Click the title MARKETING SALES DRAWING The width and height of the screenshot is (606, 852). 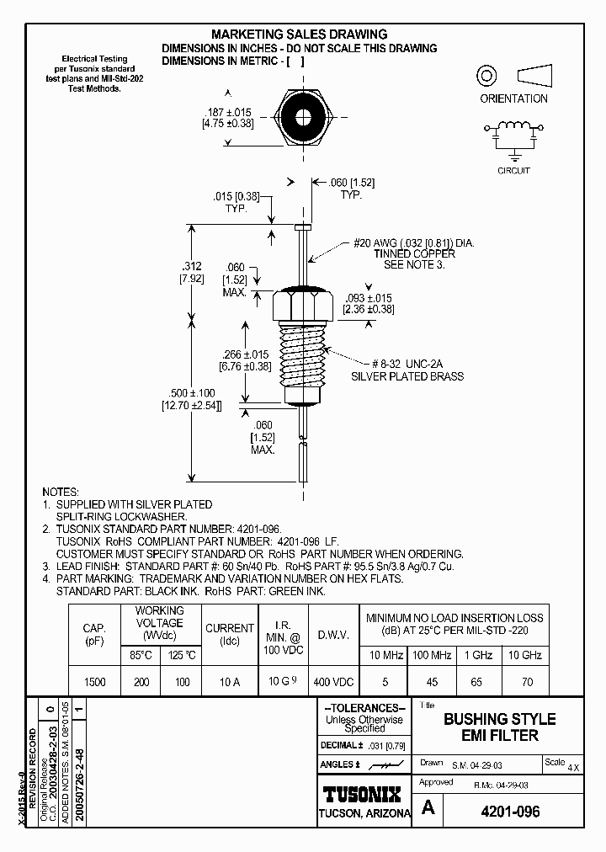(299, 35)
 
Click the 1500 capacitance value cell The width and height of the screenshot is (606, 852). (95, 682)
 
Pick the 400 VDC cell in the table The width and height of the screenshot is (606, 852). (332, 682)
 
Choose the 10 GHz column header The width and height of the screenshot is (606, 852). (525, 655)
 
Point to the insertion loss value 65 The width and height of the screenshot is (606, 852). (478, 682)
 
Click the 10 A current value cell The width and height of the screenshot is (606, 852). (229, 682)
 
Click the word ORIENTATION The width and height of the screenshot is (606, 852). (513, 99)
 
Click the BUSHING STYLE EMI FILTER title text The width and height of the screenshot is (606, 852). (499, 727)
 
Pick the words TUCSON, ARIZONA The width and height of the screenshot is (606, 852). (364, 813)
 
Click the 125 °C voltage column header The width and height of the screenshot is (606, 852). (182, 655)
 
